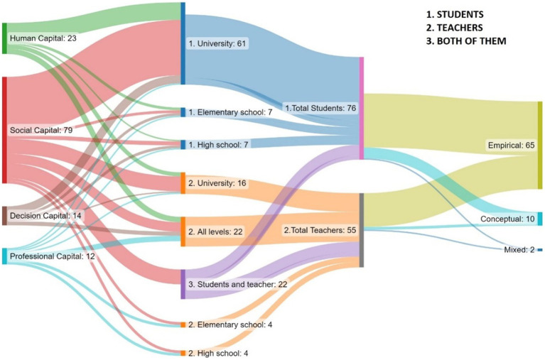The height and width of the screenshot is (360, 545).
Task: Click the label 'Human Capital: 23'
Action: pyautogui.click(x=43, y=38)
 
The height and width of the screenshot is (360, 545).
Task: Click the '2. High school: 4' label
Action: pyautogui.click(x=219, y=352)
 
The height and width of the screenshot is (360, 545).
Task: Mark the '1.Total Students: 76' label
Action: pyautogui.click(x=320, y=108)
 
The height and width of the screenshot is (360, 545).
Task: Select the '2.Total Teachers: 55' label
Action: pyautogui.click(x=320, y=230)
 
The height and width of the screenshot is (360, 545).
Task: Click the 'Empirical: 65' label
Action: pyautogui.click(x=509, y=146)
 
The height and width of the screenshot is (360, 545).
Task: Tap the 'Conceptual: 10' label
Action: pyautogui.click(x=507, y=219)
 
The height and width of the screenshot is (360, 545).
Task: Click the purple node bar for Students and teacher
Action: pyautogui.click(x=183, y=284)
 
